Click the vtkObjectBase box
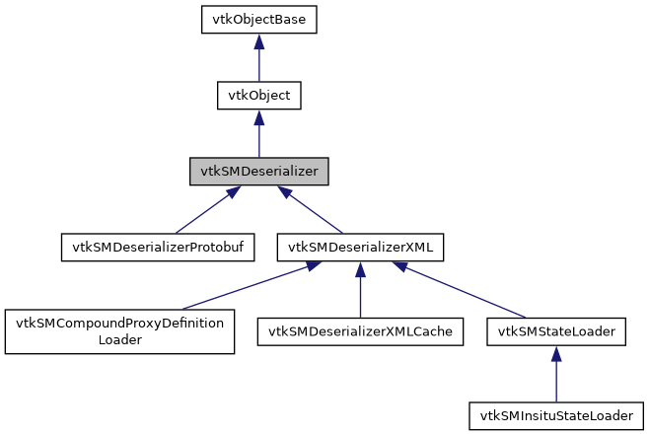(259, 20)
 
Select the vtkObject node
(258, 96)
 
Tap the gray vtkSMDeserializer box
(258, 171)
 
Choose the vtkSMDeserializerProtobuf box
(158, 246)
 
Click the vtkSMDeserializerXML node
(360, 246)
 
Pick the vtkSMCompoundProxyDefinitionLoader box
(119, 331)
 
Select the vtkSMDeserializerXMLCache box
(360, 331)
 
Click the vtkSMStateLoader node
(556, 331)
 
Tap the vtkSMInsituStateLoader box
(556, 414)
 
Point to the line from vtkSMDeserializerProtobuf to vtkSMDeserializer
(203, 211)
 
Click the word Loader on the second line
(119, 340)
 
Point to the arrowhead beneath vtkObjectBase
(258, 42)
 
